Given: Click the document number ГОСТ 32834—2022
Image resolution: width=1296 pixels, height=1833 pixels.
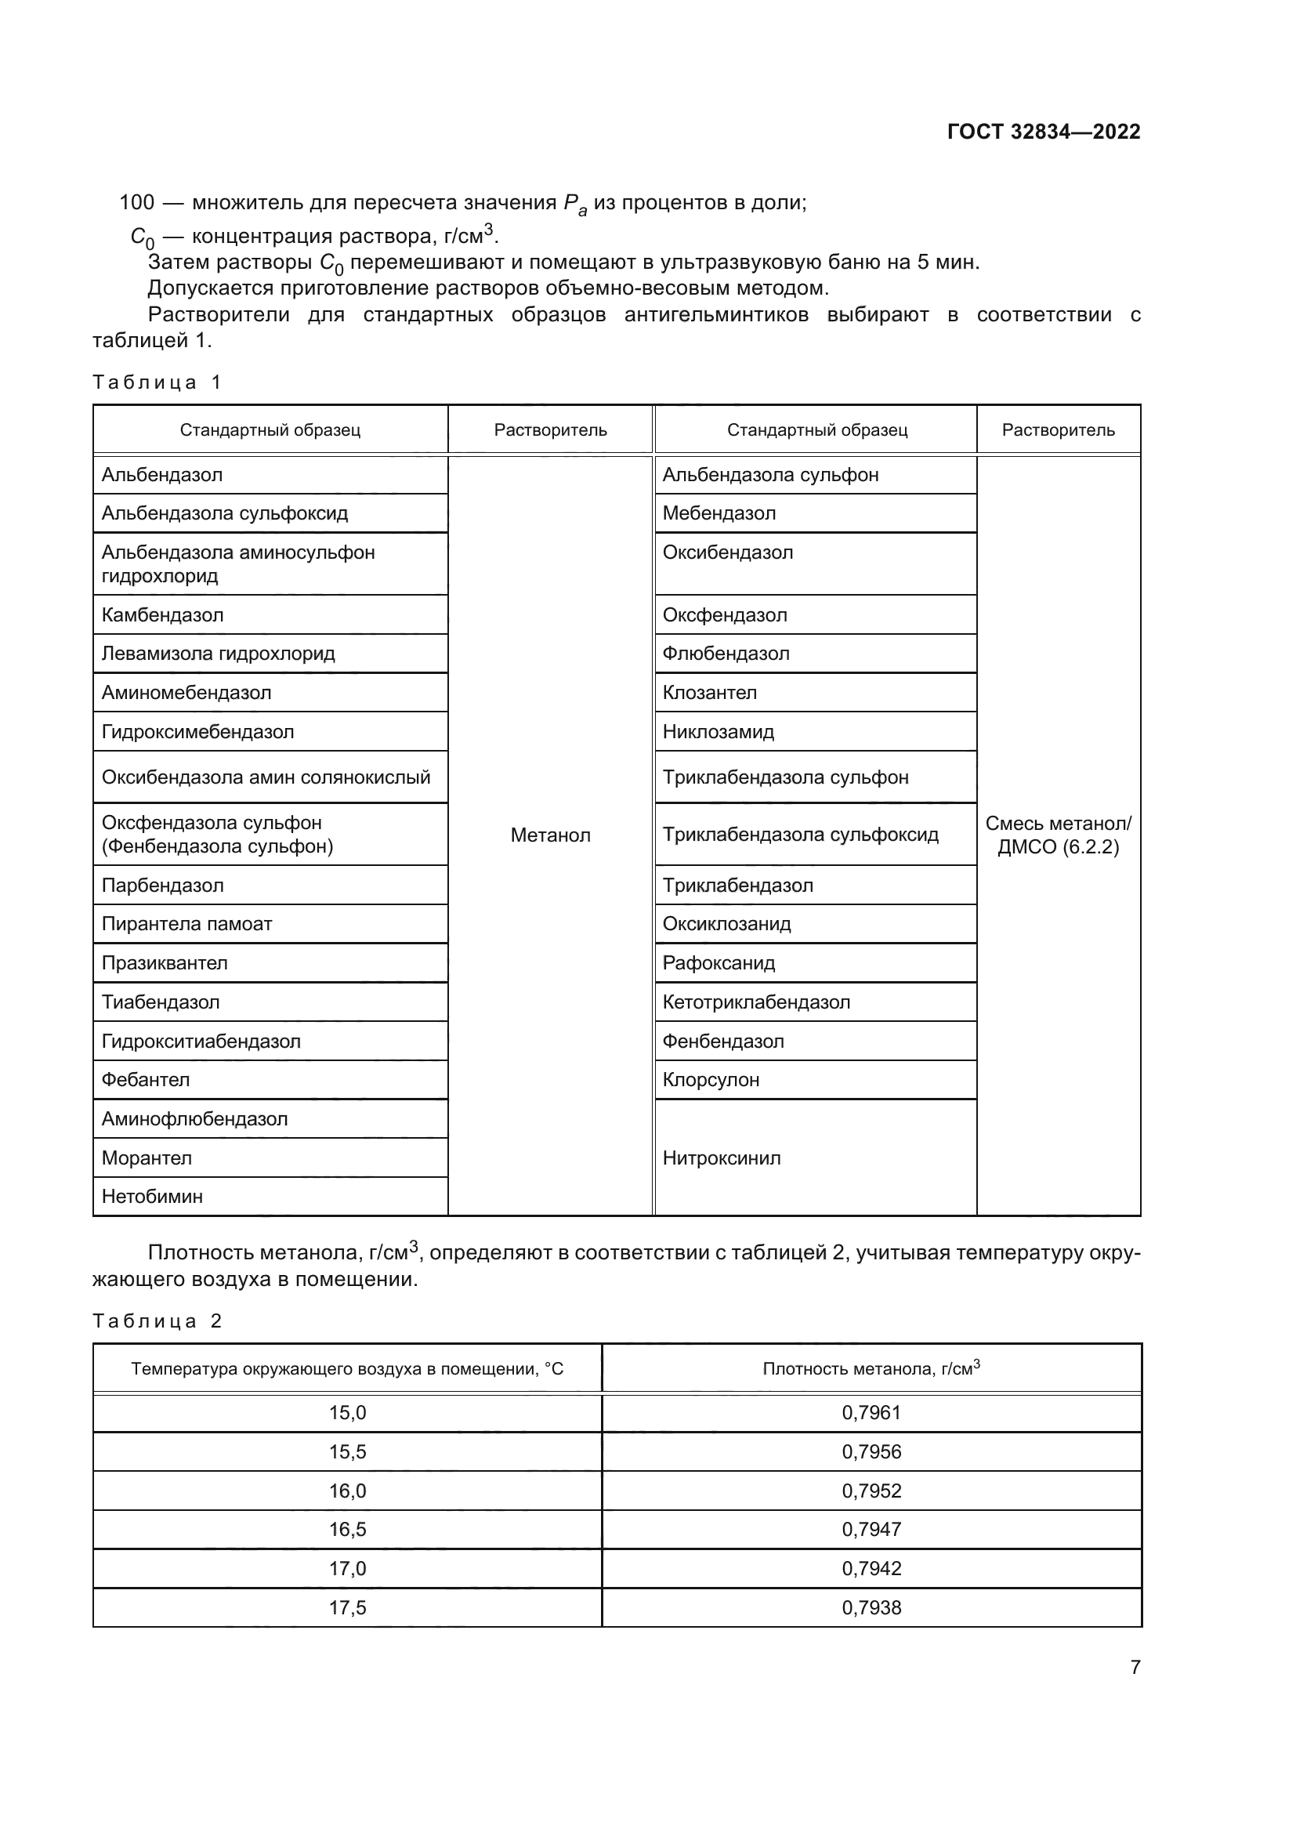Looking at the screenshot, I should [1043, 132].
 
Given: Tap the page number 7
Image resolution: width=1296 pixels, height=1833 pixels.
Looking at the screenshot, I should [1135, 1667].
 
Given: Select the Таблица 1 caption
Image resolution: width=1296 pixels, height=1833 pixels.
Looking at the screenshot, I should [157, 382].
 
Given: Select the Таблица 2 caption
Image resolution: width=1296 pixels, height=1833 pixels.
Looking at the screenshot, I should [157, 1321].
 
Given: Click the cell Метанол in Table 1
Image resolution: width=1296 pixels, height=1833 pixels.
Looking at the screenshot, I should [550, 835].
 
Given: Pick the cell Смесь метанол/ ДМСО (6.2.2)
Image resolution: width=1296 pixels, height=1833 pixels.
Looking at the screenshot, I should [1057, 835].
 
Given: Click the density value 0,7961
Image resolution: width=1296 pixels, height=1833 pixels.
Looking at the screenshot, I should [871, 1412].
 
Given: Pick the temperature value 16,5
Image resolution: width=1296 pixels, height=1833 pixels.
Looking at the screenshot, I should [347, 1529].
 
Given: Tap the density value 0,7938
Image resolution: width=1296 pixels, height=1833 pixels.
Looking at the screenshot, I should [871, 1607].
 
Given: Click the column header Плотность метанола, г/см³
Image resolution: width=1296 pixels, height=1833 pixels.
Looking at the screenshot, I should [871, 1368].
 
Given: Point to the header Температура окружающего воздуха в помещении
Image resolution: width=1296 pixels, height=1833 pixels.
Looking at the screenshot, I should [347, 1369].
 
